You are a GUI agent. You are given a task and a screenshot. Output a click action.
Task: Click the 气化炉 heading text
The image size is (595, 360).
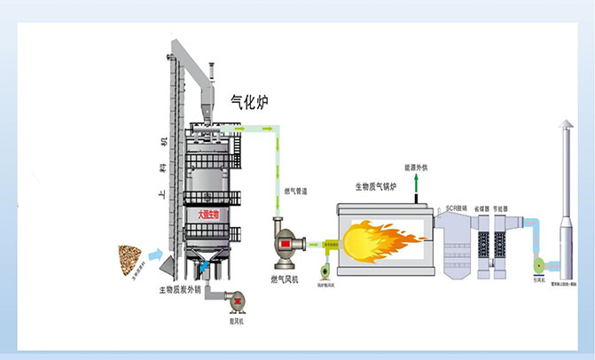click(x=251, y=102)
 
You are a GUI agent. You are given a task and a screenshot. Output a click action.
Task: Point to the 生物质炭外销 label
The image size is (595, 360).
click(x=182, y=290)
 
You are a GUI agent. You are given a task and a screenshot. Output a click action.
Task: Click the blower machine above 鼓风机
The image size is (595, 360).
click(x=237, y=300)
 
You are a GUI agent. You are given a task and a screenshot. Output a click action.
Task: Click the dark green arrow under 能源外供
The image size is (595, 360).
click(x=415, y=181)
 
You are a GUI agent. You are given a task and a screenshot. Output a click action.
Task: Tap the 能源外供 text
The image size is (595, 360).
click(x=415, y=167)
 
